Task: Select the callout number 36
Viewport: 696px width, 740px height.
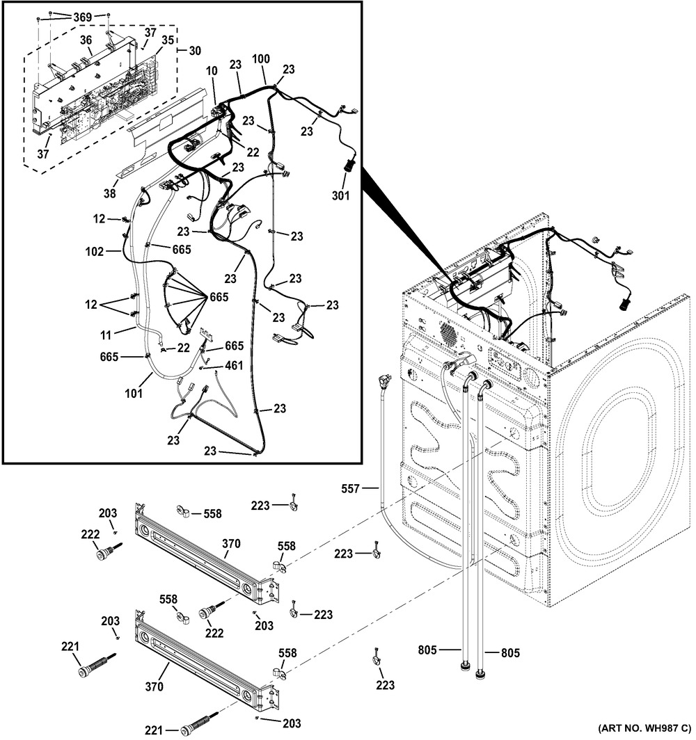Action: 86,41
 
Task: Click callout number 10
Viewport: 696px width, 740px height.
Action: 212,70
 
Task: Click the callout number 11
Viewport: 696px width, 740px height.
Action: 105,335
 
